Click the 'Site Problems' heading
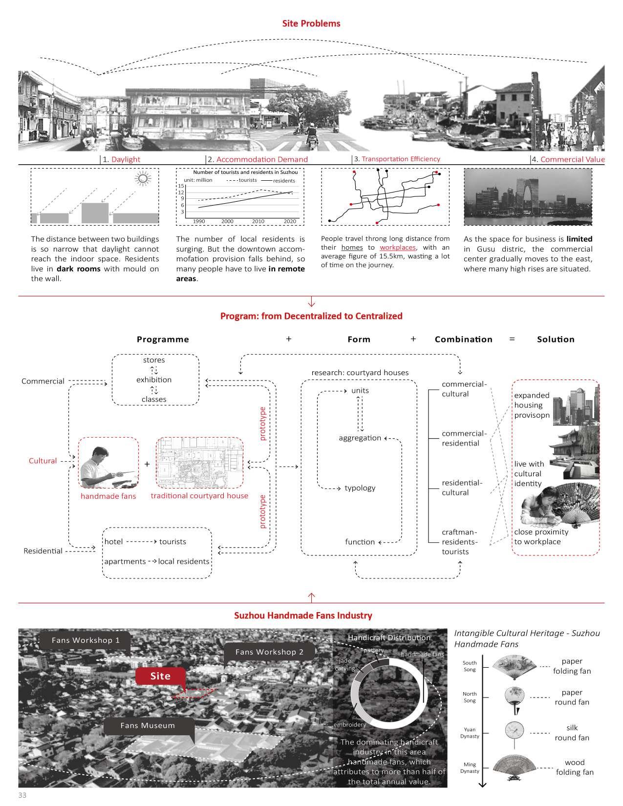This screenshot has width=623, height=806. [311, 23]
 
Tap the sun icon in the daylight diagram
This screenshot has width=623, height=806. [143, 179]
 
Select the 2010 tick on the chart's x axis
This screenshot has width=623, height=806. [258, 221]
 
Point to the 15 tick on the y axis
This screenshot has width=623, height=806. [181, 186]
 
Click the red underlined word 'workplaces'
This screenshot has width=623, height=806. [397, 247]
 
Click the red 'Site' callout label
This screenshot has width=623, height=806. [160, 676]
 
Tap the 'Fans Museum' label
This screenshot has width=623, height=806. [148, 725]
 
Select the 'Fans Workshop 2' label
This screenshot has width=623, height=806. [269, 652]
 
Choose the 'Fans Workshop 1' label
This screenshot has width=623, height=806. [86, 640]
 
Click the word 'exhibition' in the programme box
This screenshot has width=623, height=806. [154, 380]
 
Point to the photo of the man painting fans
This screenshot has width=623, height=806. [108, 463]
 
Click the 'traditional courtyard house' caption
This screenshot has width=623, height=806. [199, 496]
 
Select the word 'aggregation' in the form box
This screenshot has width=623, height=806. [360, 438]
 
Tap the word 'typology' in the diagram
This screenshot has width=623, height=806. [360, 488]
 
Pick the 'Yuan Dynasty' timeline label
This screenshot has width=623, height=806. [470, 732]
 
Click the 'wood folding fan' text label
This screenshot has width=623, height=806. [574, 767]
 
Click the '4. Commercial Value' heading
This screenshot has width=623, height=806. [568, 159]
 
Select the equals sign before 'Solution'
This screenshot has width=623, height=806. [512, 339]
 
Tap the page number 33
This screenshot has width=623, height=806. [22, 795]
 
